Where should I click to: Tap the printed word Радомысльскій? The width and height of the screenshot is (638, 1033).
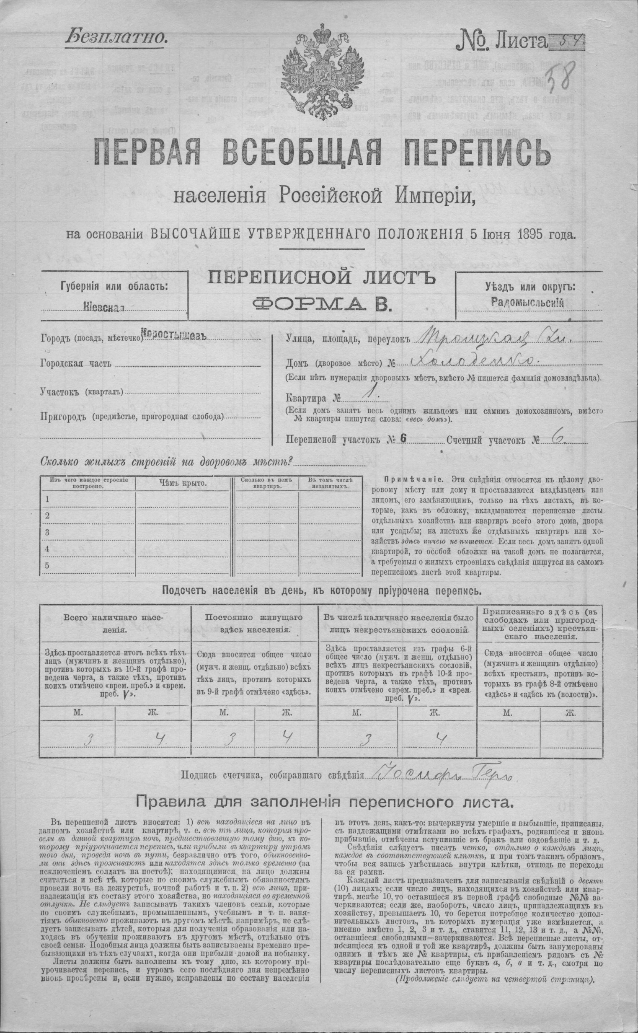click(x=528, y=301)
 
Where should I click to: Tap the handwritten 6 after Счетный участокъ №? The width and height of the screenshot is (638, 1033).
click(x=557, y=438)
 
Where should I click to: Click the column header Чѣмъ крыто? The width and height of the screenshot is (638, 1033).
click(x=183, y=483)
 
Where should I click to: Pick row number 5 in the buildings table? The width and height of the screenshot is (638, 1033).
click(x=48, y=565)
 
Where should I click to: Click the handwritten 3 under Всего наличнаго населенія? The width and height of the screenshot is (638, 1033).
click(x=89, y=739)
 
